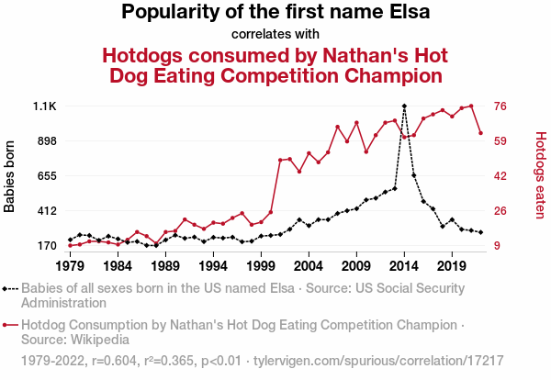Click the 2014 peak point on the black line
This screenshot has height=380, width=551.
click(x=404, y=106)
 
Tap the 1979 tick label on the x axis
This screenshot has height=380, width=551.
click(x=70, y=266)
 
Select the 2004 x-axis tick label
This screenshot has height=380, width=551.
click(x=309, y=266)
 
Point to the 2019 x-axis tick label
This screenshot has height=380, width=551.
click(x=451, y=266)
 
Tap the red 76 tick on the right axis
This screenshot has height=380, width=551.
click(x=502, y=106)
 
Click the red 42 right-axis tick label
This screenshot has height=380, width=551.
click(x=502, y=176)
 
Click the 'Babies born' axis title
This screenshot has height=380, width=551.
click(x=10, y=176)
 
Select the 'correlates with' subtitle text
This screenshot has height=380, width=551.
click(x=275, y=34)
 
